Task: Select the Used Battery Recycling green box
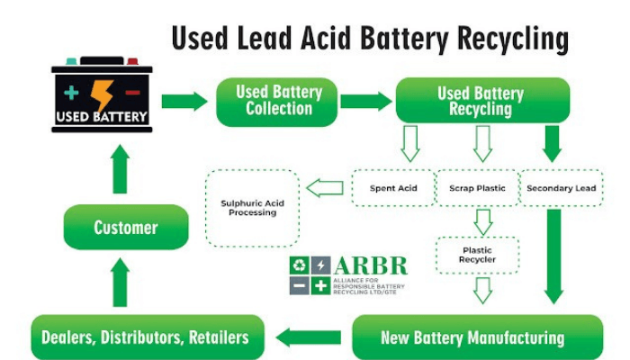tap(481, 101)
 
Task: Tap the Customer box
tap(126, 228)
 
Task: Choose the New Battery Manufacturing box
tap(472, 337)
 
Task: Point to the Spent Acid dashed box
tap(392, 188)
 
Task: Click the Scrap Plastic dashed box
tap(477, 188)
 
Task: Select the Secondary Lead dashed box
tap(561, 188)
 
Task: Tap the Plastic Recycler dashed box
tap(477, 256)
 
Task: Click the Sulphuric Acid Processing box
tap(253, 209)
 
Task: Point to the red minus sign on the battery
tap(132, 94)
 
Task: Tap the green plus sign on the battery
tap(72, 93)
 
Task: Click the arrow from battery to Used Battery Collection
tap(184, 101)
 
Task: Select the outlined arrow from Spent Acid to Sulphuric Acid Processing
tap(325, 188)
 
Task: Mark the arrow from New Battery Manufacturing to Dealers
tap(308, 337)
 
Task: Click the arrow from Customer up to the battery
tap(120, 169)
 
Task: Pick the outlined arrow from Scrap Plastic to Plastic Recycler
tap(483, 221)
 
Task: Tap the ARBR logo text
tap(371, 267)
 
